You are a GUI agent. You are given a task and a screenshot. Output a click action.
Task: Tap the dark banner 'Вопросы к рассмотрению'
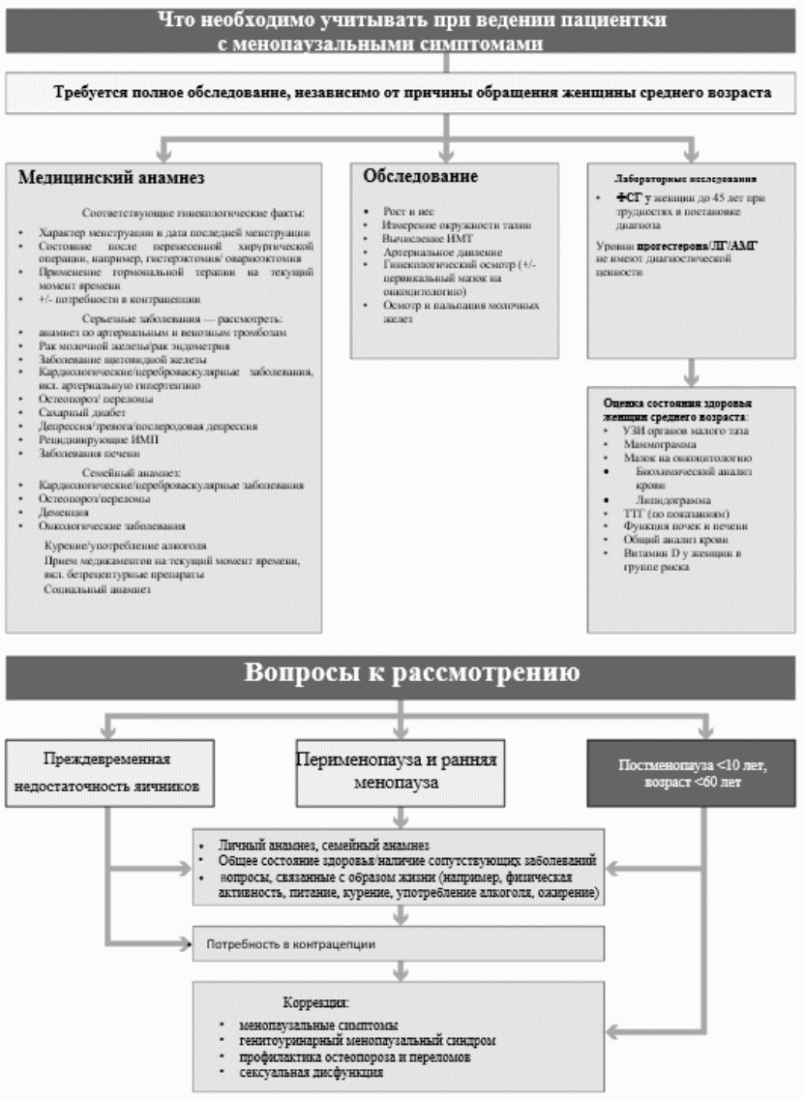point(402,673)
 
